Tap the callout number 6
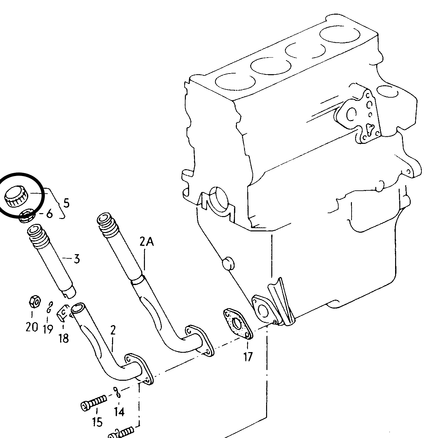(x=49, y=213)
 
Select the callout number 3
(x=77, y=259)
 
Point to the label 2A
(x=147, y=242)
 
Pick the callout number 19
(x=48, y=329)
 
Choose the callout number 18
(x=64, y=338)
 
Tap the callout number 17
(x=248, y=357)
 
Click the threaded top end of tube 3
(x=37, y=236)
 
